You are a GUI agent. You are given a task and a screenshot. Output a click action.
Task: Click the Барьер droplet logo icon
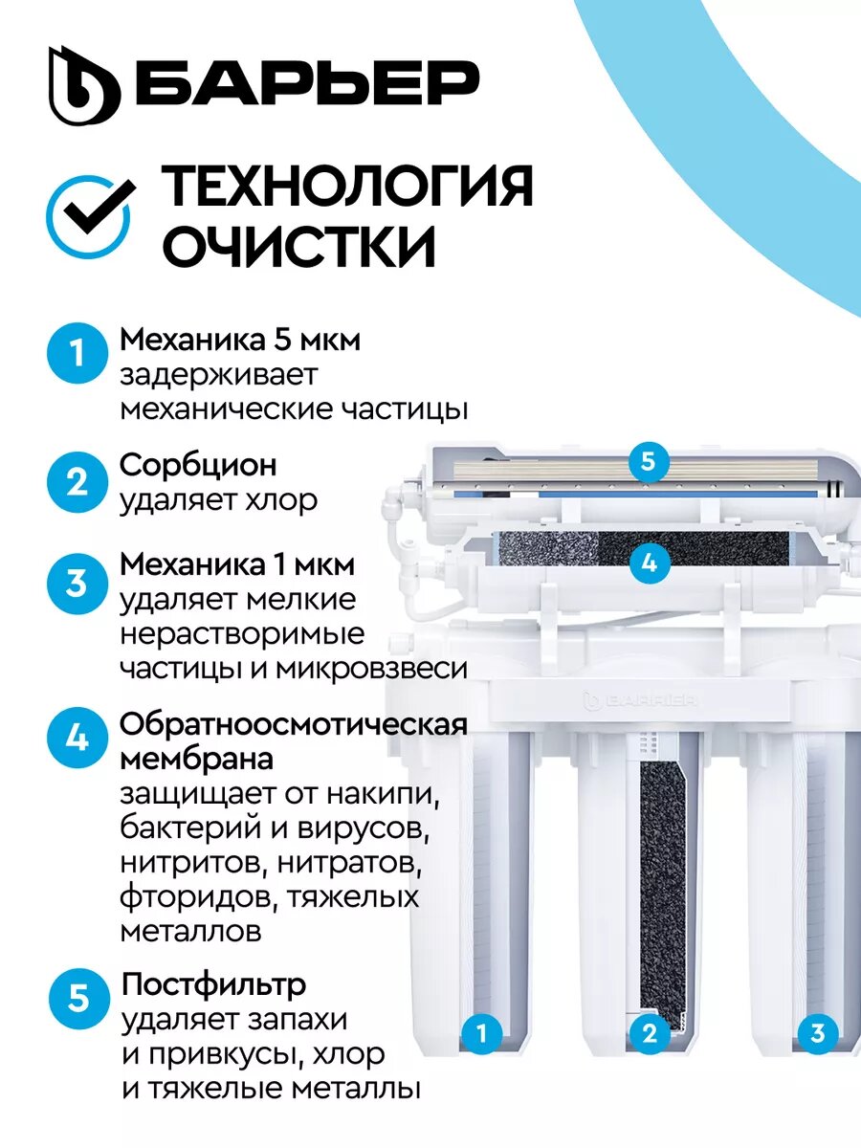pyautogui.click(x=84, y=86)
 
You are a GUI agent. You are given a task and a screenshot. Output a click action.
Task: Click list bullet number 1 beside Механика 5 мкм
pyautogui.click(x=77, y=352)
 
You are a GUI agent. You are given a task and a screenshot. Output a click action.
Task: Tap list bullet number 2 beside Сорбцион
pyautogui.click(x=77, y=482)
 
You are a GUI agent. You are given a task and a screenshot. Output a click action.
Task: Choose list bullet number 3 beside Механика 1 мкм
pyautogui.click(x=77, y=583)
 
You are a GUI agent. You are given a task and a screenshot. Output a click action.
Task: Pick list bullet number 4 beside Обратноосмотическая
pyautogui.click(x=77, y=738)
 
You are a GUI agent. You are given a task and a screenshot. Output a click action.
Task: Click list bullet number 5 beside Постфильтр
pyautogui.click(x=79, y=998)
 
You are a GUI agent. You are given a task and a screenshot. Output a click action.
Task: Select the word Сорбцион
pyautogui.click(x=198, y=465)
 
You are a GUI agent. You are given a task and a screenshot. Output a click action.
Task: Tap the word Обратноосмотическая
pyautogui.click(x=294, y=725)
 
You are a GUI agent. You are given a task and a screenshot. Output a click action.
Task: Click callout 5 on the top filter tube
pyautogui.click(x=649, y=461)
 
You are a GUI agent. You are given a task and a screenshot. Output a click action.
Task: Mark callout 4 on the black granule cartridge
pyautogui.click(x=649, y=563)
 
